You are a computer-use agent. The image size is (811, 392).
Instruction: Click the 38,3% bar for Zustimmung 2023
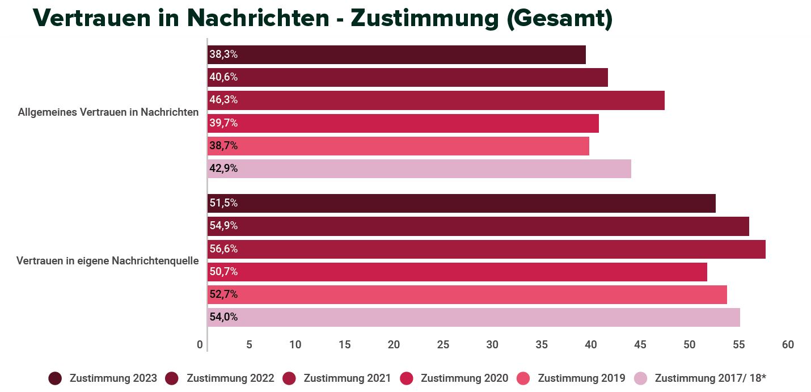pos(396,55)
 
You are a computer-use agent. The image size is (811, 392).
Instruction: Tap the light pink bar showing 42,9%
pos(419,168)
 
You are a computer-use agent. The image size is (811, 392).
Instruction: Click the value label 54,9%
pos(223,226)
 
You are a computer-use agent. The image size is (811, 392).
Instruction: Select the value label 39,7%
pos(223,123)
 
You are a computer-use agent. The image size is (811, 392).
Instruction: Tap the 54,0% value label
pos(223,317)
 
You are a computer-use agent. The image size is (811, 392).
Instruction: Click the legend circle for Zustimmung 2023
pos(55,378)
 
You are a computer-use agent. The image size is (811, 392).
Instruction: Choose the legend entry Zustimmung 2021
pos(347,378)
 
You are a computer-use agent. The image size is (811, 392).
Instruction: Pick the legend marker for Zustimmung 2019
pos(523,378)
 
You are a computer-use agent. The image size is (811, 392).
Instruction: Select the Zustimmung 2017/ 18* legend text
pos(710,378)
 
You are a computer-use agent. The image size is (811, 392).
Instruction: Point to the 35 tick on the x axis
pos(542,345)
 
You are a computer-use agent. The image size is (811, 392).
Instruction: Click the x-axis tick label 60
pos(787,345)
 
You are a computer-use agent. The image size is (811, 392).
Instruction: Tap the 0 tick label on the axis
pos(200,345)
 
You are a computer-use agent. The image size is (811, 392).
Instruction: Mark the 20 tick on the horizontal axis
pos(394,345)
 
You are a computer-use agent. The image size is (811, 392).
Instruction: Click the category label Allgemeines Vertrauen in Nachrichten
pos(108,112)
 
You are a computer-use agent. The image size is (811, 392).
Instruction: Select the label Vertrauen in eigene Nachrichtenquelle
pos(108,261)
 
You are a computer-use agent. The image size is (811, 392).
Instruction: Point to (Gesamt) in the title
pos(559,18)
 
